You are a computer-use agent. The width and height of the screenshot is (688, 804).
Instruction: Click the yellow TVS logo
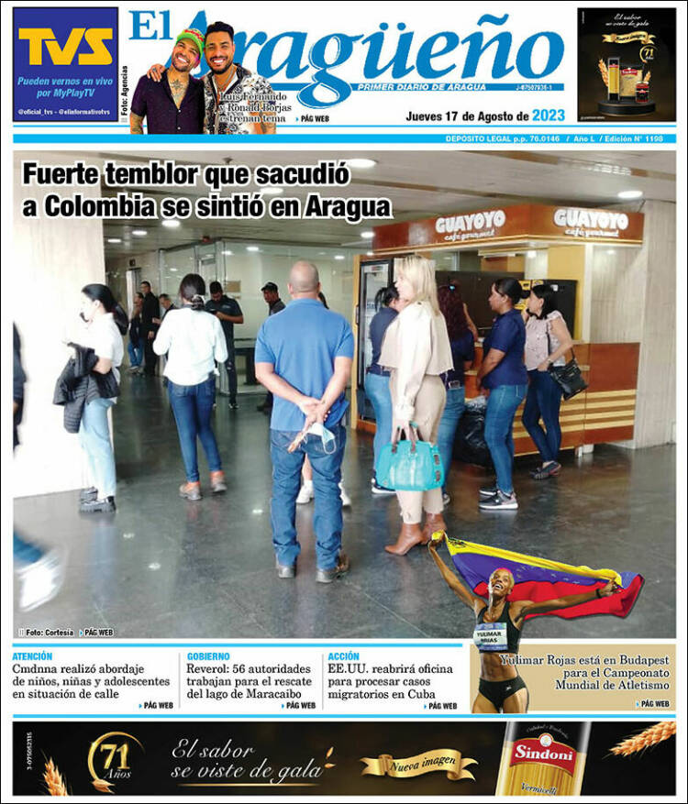(65, 47)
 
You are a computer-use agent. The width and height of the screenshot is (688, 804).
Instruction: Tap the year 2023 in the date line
(549, 116)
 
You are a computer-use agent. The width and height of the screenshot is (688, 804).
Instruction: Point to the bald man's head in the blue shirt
(304, 278)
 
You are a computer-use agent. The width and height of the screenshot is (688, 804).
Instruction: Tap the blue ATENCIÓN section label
(33, 656)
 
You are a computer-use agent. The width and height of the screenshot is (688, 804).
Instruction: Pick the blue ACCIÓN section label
(344, 656)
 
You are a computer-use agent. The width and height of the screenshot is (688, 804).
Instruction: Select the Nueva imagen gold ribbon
(418, 763)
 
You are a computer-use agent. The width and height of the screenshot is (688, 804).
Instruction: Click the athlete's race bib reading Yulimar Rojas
(492, 636)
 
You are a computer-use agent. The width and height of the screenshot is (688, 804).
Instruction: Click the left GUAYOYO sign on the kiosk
(470, 224)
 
